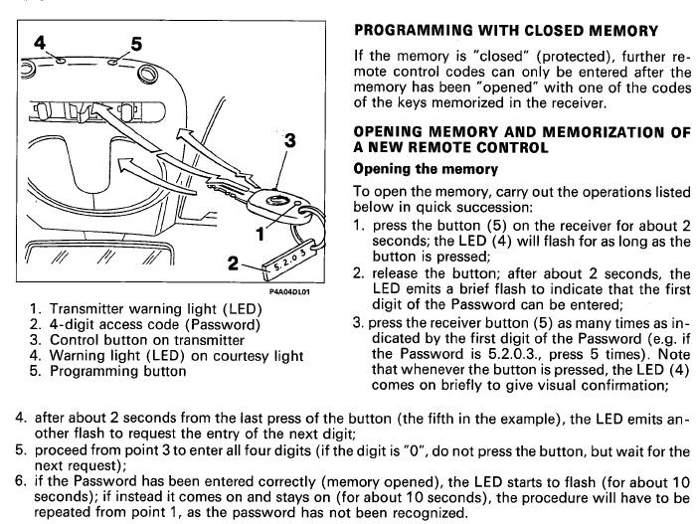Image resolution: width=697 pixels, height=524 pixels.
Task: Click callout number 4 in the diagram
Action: [x=41, y=44]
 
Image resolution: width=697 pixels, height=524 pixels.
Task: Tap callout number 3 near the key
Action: [x=290, y=141]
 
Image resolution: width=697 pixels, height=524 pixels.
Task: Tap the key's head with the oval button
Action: [x=283, y=204]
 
